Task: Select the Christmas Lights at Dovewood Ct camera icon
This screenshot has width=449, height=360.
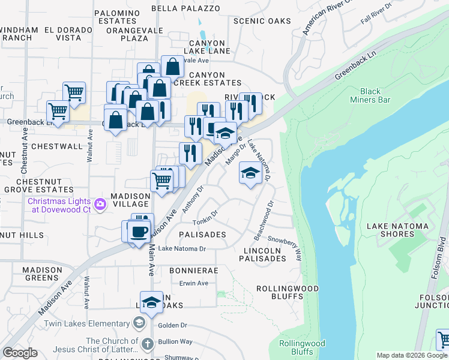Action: (100, 205)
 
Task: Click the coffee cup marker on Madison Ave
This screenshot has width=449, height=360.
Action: (139, 231)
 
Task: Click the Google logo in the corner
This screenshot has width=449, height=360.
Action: (20, 353)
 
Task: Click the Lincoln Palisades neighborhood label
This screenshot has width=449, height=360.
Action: (265, 254)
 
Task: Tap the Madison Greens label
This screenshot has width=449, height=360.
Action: (42, 274)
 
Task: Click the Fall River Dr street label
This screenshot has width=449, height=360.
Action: (376, 13)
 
